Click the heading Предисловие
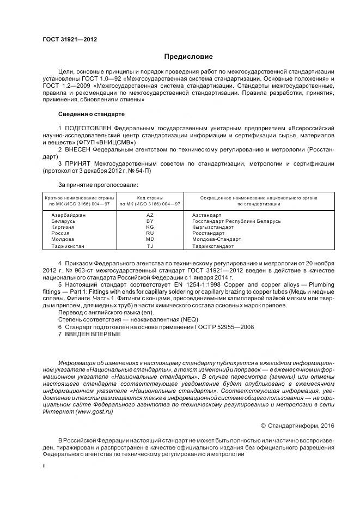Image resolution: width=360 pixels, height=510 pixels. point(188,57)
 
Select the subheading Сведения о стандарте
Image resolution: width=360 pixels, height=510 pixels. point(91,114)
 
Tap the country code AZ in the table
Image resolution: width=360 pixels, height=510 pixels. point(150,215)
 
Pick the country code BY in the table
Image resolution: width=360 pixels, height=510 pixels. point(150,221)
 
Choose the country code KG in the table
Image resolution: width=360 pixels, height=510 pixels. point(150,227)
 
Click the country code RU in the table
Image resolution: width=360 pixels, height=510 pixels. point(150,233)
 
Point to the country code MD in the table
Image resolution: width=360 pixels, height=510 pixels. point(150,239)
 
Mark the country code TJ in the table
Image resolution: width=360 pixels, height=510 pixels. point(150,246)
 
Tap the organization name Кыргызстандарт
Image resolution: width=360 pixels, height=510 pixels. point(213,227)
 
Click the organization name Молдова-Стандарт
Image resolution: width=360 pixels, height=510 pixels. point(216,239)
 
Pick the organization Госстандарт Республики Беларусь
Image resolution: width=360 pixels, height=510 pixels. point(236,221)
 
